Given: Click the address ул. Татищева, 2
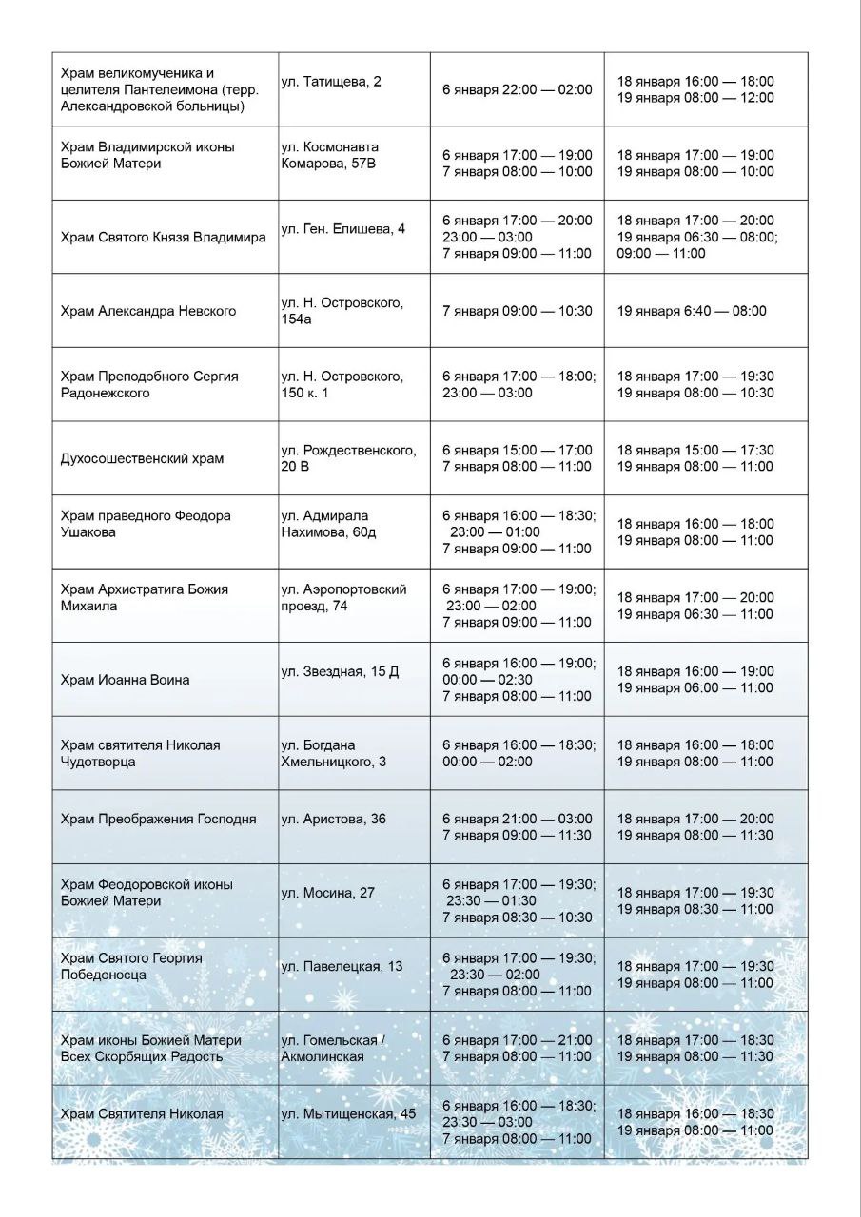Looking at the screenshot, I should click(x=331, y=82).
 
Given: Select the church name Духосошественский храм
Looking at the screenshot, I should click(x=142, y=458).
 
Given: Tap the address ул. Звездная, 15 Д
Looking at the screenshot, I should click(x=340, y=672).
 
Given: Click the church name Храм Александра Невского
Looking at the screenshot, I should click(x=147, y=311).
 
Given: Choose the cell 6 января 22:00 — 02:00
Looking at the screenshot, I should click(x=517, y=89).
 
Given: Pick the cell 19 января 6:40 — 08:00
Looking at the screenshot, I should click(x=692, y=311).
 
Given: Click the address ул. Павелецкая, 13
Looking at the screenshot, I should click(x=342, y=966).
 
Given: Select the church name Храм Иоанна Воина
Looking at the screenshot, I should click(x=125, y=680).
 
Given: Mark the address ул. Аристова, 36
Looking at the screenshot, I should click(x=333, y=819).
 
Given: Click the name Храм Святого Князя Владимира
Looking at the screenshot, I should click(x=163, y=237).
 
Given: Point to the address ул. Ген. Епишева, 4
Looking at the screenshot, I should click(x=342, y=228).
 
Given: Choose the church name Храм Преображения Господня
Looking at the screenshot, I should click(x=158, y=819).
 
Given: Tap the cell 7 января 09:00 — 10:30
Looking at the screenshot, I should click(x=517, y=311).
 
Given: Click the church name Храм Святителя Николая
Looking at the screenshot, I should click(x=142, y=1114).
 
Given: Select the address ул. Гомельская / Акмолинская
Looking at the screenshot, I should click(x=332, y=1048).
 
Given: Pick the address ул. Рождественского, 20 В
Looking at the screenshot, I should click(x=348, y=458).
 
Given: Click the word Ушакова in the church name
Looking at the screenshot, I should click(x=88, y=532).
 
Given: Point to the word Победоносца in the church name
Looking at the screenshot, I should click(x=103, y=975).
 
